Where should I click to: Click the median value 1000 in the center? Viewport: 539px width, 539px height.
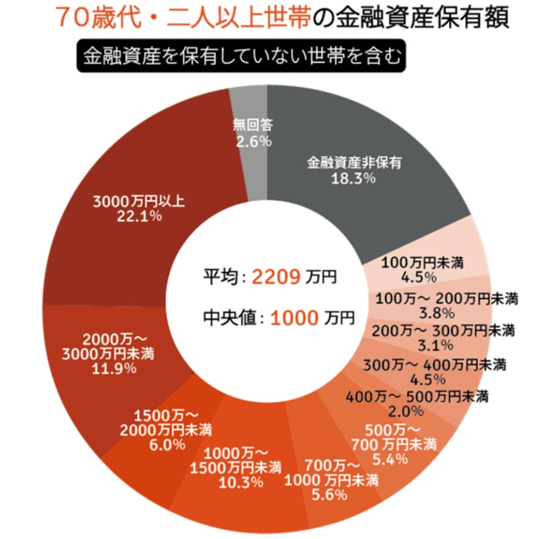click(x=294, y=318)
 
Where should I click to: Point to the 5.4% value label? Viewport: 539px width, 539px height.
click(x=391, y=458)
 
